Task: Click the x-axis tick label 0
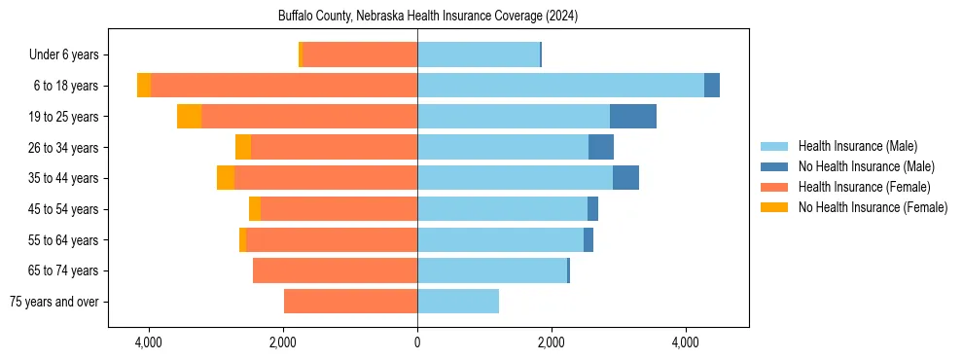click(x=417, y=342)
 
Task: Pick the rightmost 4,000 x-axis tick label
click(x=686, y=342)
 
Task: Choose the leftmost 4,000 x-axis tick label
click(x=149, y=342)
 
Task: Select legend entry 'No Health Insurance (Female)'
click(x=873, y=207)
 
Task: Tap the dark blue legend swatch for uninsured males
click(x=774, y=166)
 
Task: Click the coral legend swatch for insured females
click(x=774, y=187)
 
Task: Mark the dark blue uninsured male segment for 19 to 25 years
click(x=633, y=117)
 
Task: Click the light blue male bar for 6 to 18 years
click(x=560, y=86)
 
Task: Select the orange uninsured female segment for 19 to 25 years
click(x=189, y=117)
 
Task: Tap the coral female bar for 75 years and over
click(x=350, y=302)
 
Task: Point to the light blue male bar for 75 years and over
click(x=458, y=302)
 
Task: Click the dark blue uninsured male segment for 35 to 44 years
click(x=625, y=178)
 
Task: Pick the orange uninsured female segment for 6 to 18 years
click(x=144, y=86)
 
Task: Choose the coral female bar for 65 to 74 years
click(x=335, y=270)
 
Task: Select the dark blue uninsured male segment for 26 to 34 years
click(x=601, y=147)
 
